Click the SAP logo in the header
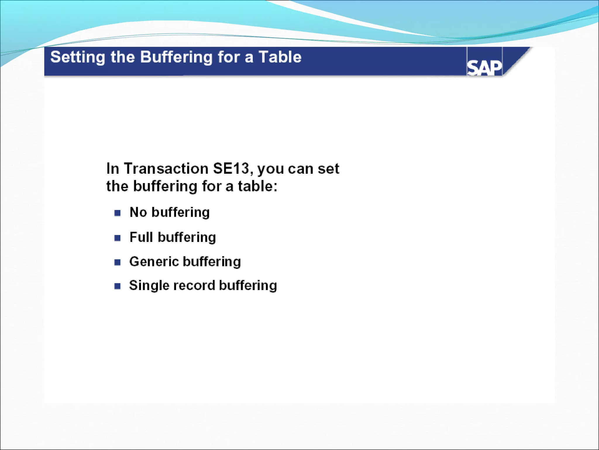484,68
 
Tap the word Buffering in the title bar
176,57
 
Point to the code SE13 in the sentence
231,168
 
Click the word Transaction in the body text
166,168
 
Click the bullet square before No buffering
118,213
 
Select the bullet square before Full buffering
118,238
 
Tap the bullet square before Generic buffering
118,262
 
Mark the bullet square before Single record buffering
118,286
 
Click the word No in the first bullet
138,212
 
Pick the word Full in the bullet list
141,237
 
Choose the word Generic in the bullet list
154,262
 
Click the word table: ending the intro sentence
257,186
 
